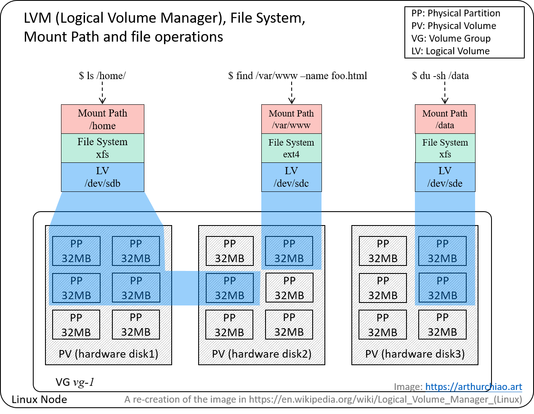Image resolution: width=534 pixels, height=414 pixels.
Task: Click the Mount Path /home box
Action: point(103,119)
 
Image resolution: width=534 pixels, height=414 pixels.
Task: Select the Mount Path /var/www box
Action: point(291,119)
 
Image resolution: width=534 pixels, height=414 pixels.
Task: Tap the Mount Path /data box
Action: point(445,119)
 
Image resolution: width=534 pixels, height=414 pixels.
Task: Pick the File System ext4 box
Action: point(291,148)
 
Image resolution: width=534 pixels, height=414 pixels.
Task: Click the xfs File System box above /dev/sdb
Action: point(103,148)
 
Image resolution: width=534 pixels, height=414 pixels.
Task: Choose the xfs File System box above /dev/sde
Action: point(445,148)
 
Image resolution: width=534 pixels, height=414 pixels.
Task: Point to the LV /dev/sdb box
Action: point(103,177)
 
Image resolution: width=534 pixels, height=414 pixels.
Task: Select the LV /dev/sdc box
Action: point(291,177)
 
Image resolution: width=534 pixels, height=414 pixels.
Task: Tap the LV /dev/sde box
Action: point(445,177)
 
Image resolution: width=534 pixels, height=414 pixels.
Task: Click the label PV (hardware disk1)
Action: point(109,354)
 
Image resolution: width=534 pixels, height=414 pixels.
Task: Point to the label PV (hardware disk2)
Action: point(262,354)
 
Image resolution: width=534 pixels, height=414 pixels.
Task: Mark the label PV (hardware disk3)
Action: point(415,354)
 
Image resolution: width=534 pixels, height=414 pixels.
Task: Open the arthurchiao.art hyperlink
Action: point(473,387)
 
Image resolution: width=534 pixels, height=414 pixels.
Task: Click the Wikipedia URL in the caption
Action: point(385,399)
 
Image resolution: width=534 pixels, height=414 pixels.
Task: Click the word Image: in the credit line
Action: point(408,387)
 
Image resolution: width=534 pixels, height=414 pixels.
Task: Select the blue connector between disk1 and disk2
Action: point(185,288)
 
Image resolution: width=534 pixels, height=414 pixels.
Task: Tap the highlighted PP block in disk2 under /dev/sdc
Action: point(289,251)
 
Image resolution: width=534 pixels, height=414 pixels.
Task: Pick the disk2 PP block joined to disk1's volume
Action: point(229,288)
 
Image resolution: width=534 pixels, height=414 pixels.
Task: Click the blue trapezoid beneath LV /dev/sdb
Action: point(106,209)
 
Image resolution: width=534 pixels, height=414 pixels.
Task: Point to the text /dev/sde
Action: point(445,183)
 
